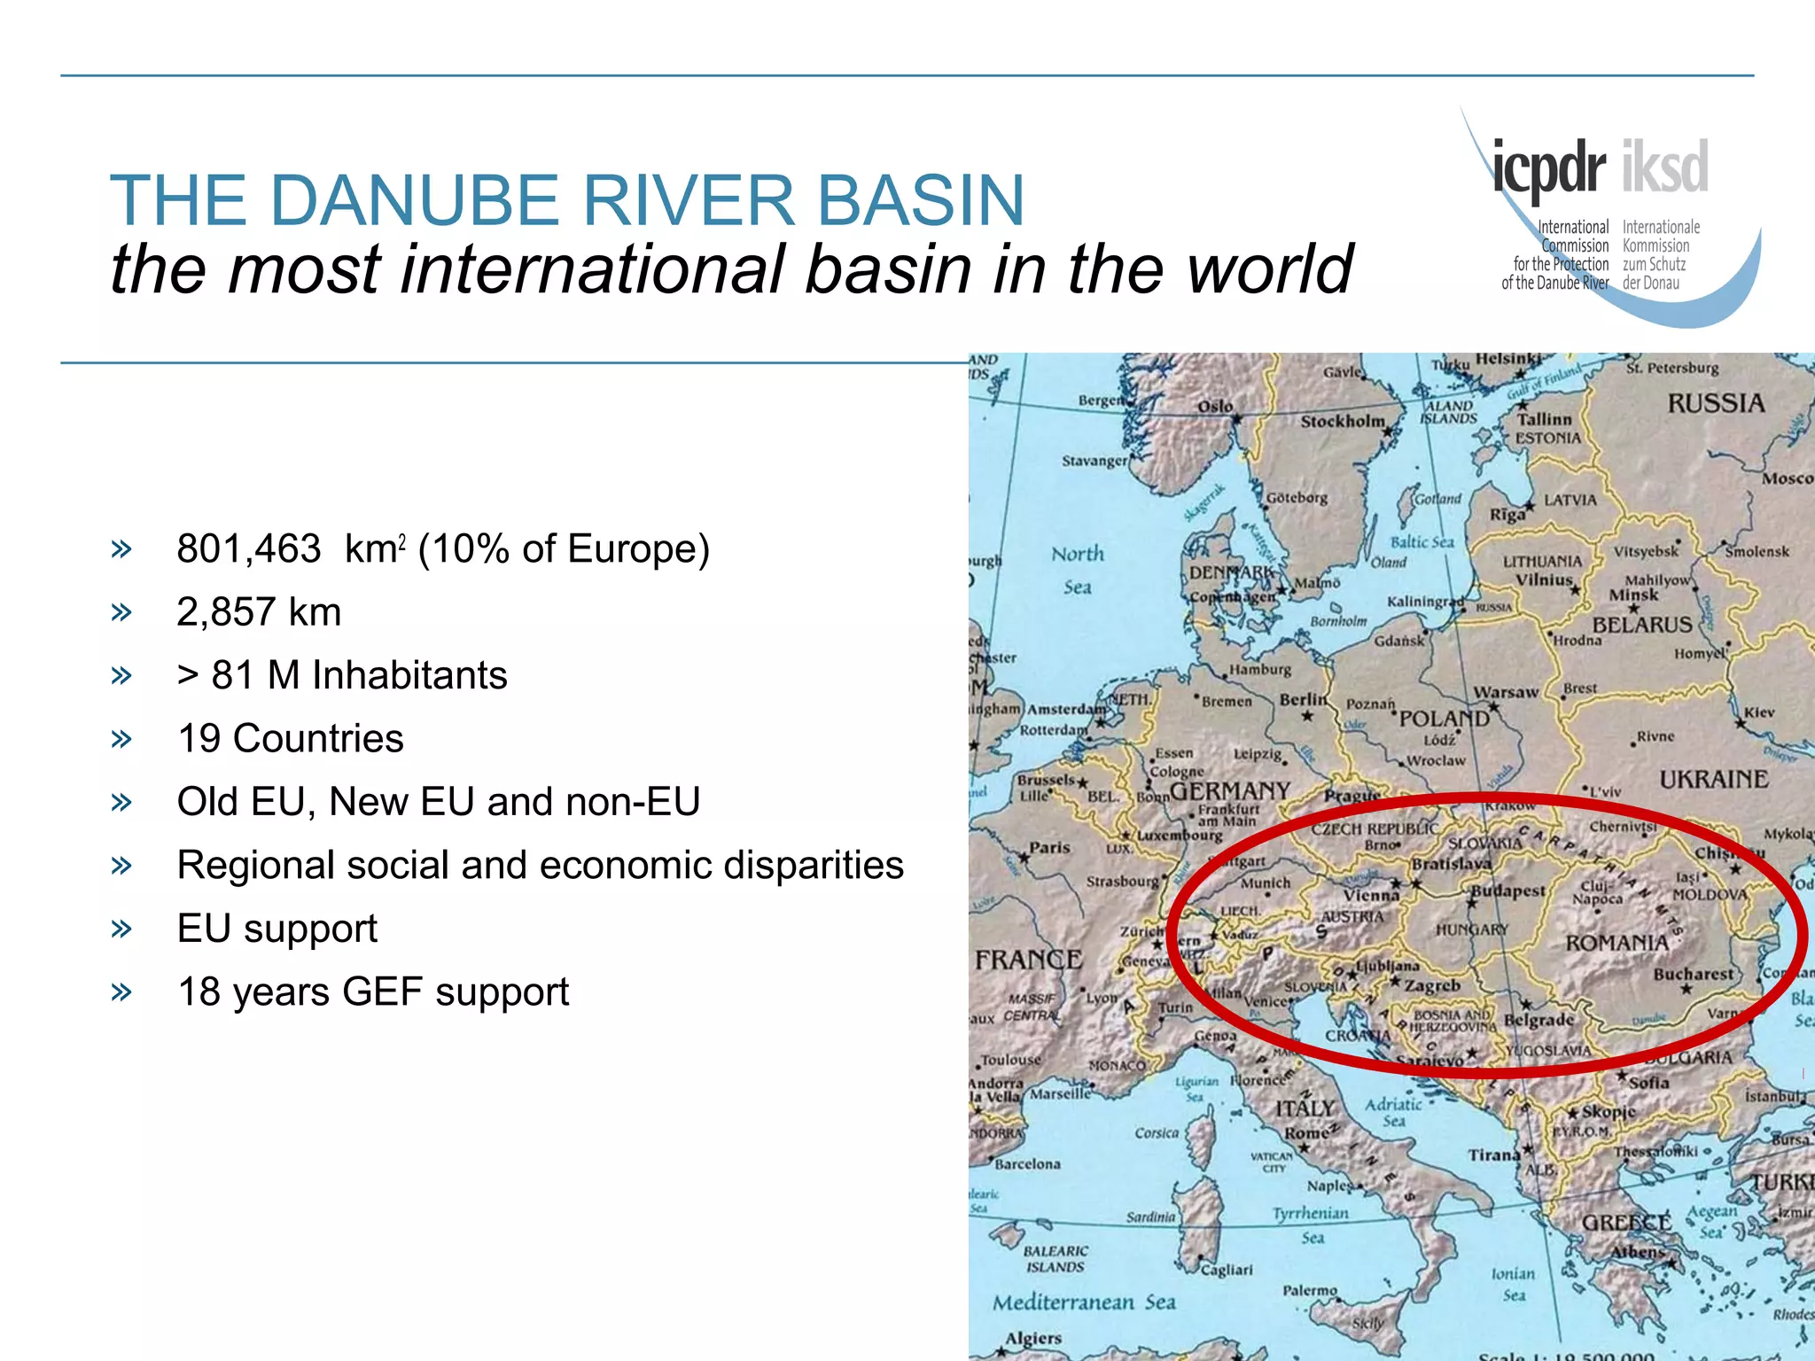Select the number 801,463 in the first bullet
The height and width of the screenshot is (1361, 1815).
tap(248, 549)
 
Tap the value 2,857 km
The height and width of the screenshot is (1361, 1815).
tap(259, 612)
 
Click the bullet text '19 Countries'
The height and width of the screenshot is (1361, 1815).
tap(290, 738)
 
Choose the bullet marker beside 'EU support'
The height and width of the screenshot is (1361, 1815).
tap(121, 929)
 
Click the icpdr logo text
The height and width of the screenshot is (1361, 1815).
tap(1549, 168)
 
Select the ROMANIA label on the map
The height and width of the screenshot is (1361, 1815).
tap(1616, 943)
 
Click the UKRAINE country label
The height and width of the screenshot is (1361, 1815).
tap(1713, 780)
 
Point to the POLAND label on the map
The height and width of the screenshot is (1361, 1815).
tap(1444, 718)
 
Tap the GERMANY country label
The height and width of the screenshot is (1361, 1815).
tap(1230, 790)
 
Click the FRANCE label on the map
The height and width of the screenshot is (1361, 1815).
tap(1028, 960)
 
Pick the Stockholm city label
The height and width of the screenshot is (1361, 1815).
tap(1342, 422)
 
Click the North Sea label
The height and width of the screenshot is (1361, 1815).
tap(1078, 570)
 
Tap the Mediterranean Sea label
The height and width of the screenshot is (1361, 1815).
tap(1083, 1303)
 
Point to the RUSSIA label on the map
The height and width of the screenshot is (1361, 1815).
tap(1716, 404)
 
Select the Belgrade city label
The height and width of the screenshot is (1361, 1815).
tap(1539, 1020)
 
